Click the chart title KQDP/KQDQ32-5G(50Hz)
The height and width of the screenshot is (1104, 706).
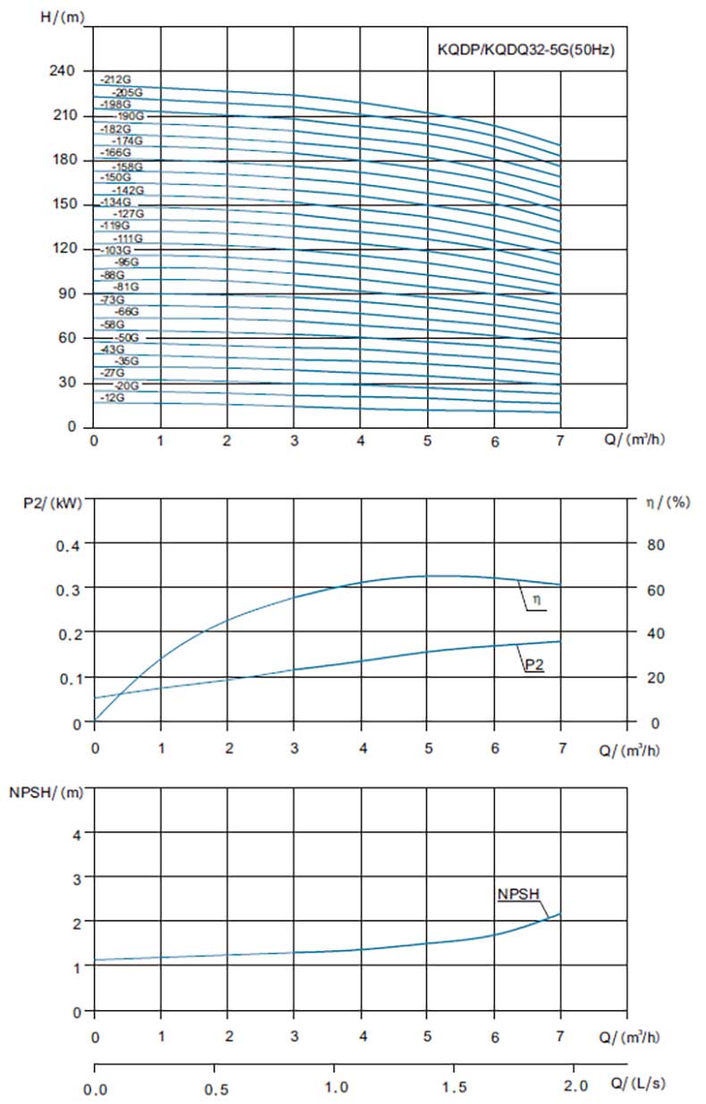point(525,51)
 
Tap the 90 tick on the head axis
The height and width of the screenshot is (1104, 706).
point(70,294)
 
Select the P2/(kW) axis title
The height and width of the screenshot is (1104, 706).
point(53,502)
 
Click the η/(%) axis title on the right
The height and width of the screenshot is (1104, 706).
point(667,502)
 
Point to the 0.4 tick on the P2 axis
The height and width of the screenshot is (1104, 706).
point(69,544)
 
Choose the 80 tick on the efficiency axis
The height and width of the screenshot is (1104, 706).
point(654,544)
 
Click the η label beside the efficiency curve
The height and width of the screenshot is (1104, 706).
point(536,604)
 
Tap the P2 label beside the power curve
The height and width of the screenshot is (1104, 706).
point(534,665)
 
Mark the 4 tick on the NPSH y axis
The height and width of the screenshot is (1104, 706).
point(77,834)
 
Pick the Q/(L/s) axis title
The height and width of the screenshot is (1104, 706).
point(635,1083)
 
